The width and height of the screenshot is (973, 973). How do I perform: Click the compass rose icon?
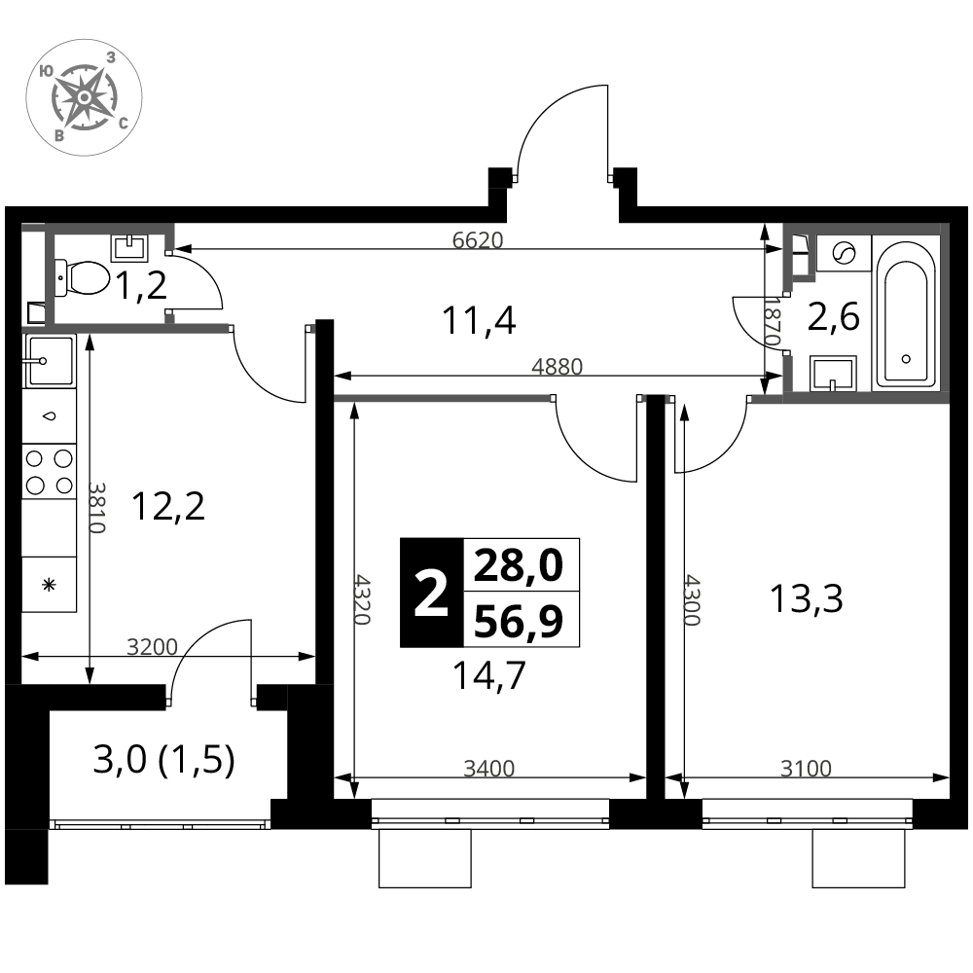coord(84,96)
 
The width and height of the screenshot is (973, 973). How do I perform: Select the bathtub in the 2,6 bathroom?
coord(905,313)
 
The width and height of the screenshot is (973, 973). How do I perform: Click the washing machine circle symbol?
coord(844,253)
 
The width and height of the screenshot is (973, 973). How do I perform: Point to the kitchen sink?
coord(49,361)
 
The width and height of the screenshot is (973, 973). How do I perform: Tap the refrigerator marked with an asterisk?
coord(49,584)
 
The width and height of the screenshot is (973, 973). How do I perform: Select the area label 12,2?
coord(168,507)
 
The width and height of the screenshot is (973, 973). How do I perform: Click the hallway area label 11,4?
coord(479,321)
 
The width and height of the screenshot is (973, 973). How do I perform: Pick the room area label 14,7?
coord(489,675)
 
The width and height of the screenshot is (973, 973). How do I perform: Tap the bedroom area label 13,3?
coord(806,599)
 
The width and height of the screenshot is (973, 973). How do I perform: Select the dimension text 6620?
coord(477,240)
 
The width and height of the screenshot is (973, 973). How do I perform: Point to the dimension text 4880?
coord(558,367)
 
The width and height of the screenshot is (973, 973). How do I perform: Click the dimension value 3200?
coord(152,647)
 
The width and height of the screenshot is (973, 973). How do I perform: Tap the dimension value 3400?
coord(489,769)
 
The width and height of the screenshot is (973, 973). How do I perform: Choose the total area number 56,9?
coord(519,621)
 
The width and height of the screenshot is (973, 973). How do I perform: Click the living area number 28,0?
coord(519,565)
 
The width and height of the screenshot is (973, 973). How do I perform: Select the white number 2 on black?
coord(431,595)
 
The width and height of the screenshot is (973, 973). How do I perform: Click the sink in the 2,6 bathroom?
coord(834,374)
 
